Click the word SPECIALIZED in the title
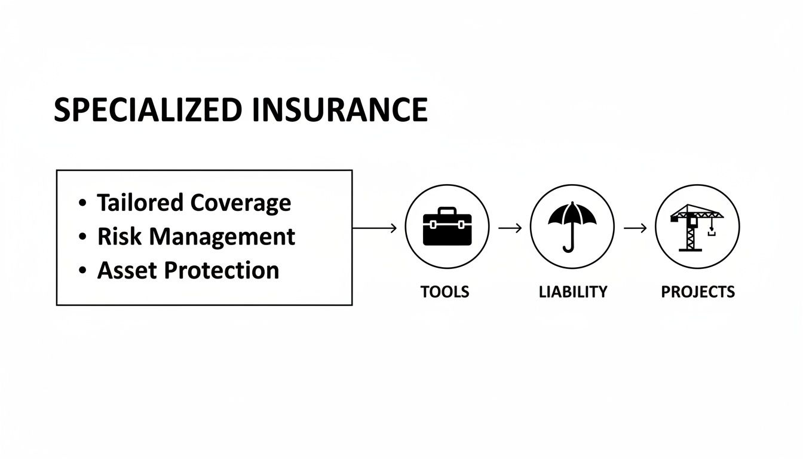click(x=148, y=110)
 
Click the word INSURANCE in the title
click(x=339, y=110)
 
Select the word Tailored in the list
click(x=140, y=203)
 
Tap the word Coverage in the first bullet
click(x=241, y=203)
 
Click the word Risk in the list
click(x=119, y=237)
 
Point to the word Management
click(x=222, y=237)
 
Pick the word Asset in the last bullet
click(x=126, y=270)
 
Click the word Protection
click(x=222, y=270)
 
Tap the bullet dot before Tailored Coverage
click(x=82, y=204)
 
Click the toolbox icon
click(x=447, y=227)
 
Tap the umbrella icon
click(x=572, y=227)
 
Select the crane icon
click(x=697, y=227)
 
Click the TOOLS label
click(x=445, y=292)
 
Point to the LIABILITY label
click(x=572, y=292)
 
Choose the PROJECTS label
click(x=697, y=292)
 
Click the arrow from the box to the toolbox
click(x=375, y=228)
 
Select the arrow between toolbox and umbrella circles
click(x=510, y=228)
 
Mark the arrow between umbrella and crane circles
click(x=635, y=228)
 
